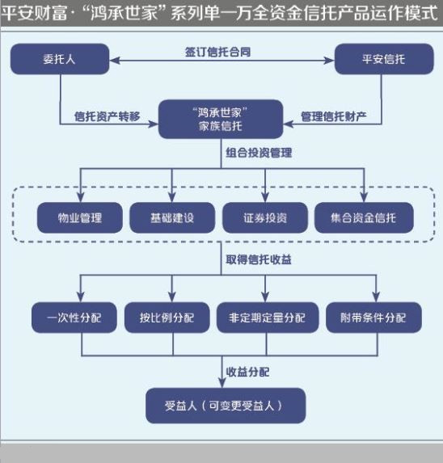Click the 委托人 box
click(x=60, y=59)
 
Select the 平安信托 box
click(x=384, y=59)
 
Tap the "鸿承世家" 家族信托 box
click(x=221, y=119)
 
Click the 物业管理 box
click(x=80, y=218)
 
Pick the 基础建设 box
click(x=172, y=218)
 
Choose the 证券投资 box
click(x=265, y=218)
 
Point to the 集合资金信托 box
click(x=364, y=218)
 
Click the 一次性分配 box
click(x=74, y=318)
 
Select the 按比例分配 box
click(x=167, y=318)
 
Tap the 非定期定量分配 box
click(x=268, y=318)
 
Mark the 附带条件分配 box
click(x=373, y=318)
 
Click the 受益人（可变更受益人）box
click(x=226, y=406)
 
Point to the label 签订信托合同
click(x=218, y=53)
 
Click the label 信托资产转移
click(x=108, y=116)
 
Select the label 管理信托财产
click(x=334, y=116)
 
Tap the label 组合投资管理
click(x=259, y=153)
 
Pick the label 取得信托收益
click(x=259, y=260)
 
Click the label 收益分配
click(x=247, y=372)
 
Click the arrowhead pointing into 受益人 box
click(x=221, y=383)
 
